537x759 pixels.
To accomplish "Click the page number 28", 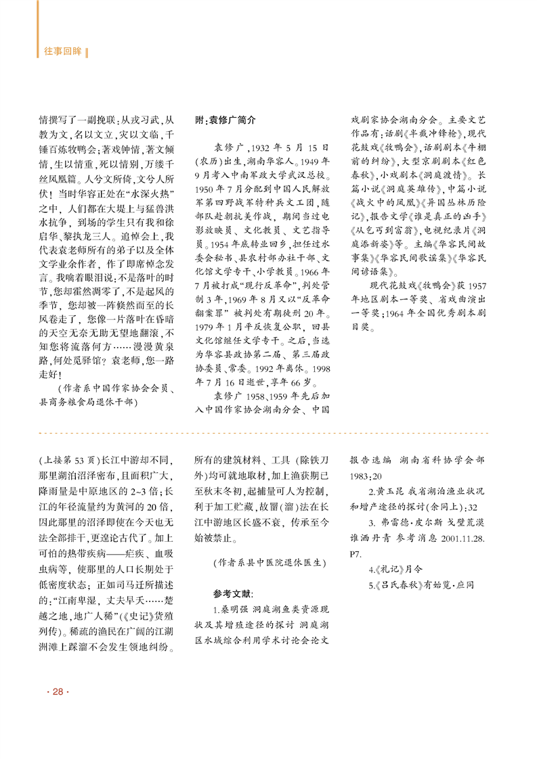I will (x=58, y=691).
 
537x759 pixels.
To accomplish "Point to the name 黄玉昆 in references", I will (x=392, y=489).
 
